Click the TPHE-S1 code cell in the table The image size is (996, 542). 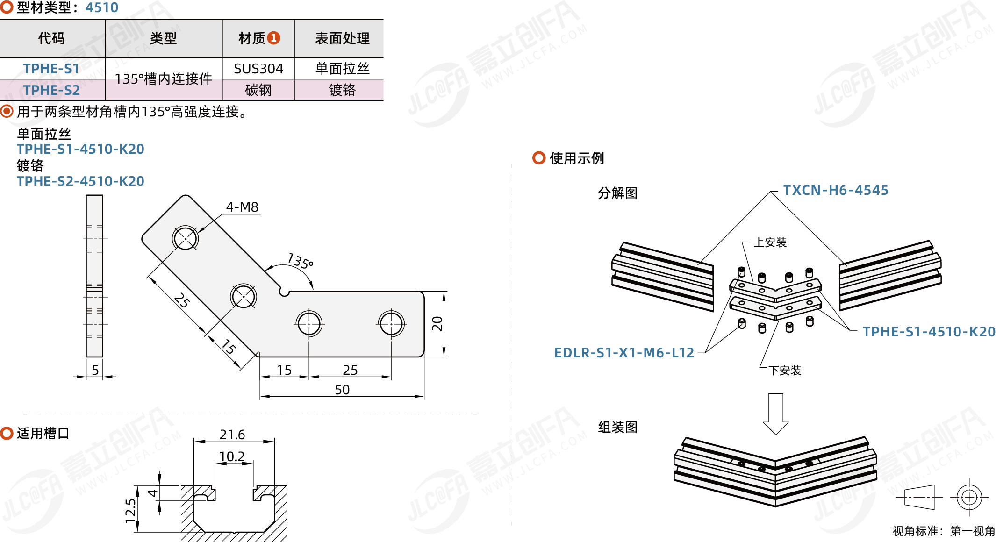(51, 69)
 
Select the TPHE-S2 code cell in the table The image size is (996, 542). (51, 90)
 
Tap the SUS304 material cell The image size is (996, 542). (258, 69)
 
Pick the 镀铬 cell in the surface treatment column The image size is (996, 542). (342, 90)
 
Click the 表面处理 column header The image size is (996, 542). (342, 38)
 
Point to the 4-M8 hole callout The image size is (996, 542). (242, 207)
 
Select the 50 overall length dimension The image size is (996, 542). (342, 390)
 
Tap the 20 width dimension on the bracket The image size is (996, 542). (437, 323)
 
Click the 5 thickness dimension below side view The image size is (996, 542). (95, 370)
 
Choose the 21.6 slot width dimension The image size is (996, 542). (232, 435)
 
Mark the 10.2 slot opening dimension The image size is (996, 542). (232, 456)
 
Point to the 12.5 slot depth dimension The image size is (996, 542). (131, 510)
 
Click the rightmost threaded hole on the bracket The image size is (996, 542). (391, 323)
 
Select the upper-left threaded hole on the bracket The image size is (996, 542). (186, 238)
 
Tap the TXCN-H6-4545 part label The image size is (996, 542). (836, 190)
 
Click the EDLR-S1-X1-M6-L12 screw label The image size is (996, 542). (624, 353)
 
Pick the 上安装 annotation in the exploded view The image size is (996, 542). (770, 242)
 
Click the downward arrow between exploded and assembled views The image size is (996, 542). (776, 414)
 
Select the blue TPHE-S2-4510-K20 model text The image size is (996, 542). (80, 181)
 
